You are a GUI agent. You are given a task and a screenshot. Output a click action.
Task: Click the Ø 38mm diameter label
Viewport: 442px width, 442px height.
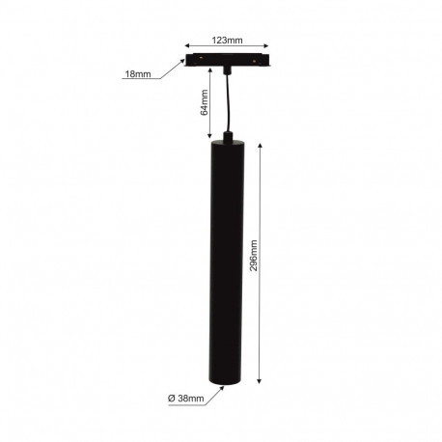[x=185, y=398]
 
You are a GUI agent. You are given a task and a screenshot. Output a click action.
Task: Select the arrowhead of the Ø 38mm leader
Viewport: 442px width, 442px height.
[x=225, y=386]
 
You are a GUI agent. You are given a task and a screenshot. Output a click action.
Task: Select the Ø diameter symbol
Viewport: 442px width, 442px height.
[x=170, y=398]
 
